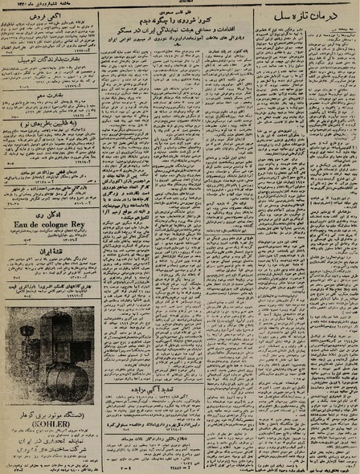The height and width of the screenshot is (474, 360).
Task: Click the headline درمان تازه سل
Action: pos(316,17)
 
